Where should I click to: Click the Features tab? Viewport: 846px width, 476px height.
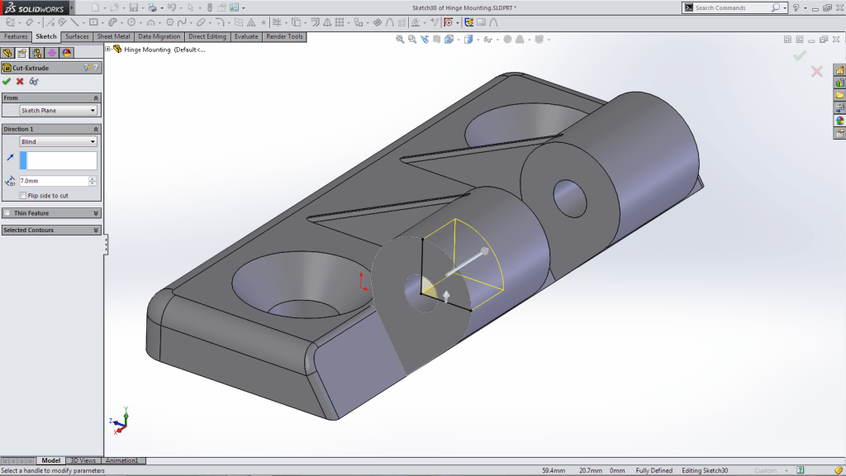point(16,36)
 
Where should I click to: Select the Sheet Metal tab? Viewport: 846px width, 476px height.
point(113,36)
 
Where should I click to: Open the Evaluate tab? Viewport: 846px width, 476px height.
point(246,36)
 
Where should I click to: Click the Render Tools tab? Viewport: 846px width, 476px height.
point(284,36)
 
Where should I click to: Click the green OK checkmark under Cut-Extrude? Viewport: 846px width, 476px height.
point(7,81)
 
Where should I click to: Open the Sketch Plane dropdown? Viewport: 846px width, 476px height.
point(58,111)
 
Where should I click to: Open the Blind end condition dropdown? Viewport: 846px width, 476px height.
point(58,142)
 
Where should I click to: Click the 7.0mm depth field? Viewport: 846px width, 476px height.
point(53,181)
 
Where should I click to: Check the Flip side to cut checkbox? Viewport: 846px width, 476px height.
point(22,196)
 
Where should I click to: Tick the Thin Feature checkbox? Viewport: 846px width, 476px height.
point(7,213)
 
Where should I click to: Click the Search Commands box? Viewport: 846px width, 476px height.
point(732,7)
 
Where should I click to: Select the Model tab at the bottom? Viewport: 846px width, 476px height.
point(51,460)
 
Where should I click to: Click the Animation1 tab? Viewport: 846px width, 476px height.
point(121,460)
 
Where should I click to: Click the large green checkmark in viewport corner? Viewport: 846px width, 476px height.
point(799,55)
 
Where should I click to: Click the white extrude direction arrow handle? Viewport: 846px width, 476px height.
point(483,250)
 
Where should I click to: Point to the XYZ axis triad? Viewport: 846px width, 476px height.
point(120,421)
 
